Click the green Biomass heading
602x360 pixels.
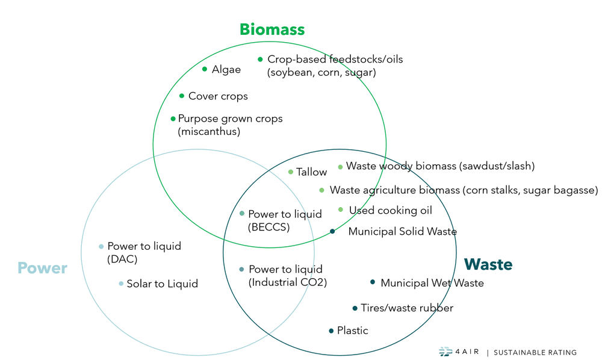pos(272,29)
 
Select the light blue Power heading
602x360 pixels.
pos(42,268)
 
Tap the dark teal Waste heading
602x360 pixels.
pos(488,264)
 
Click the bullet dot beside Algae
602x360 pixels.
pos(205,69)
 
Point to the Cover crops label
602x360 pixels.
pos(218,96)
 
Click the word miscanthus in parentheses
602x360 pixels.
pos(209,132)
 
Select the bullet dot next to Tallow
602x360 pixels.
pos(291,172)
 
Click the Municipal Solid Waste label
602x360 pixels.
pos(402,232)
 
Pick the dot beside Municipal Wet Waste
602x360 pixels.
pos(373,282)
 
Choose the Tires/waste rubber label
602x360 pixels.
pos(407,308)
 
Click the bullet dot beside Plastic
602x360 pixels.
pos(331,331)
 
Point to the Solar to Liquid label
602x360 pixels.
pos(162,284)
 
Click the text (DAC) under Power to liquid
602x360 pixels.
pos(123,259)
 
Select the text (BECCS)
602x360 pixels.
pos(269,228)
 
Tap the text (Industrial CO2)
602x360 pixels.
pos(288,282)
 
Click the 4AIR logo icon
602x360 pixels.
pos(445,352)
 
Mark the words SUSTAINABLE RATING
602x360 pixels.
pos(535,353)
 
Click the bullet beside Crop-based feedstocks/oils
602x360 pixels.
pos(260,59)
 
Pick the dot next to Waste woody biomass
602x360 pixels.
pos(340,167)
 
